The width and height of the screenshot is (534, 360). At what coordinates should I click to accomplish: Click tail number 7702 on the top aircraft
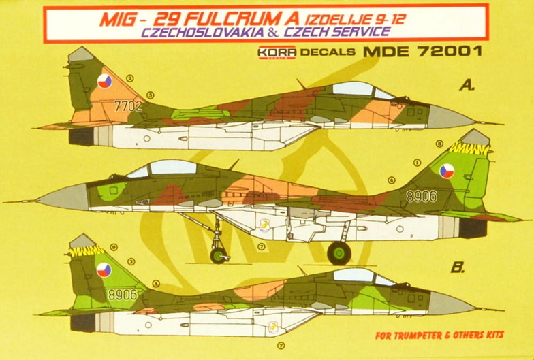(128, 105)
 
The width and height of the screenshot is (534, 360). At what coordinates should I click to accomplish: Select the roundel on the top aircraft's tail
(104, 83)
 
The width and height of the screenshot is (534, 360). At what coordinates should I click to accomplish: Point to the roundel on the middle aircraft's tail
(447, 170)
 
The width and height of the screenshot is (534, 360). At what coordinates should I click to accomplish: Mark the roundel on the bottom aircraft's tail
(104, 270)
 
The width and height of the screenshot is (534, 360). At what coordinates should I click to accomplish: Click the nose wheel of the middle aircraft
(218, 255)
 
